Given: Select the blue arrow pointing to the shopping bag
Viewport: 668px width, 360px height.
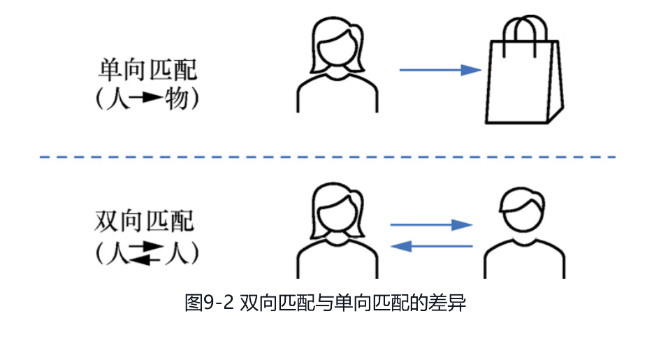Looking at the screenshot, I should pyautogui.click(x=440, y=70).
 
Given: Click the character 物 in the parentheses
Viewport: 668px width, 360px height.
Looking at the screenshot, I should pyautogui.click(x=175, y=99).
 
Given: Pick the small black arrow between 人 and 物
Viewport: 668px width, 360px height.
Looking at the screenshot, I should pyautogui.click(x=145, y=99).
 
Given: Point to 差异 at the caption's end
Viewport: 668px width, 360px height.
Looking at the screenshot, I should pyautogui.click(x=450, y=304).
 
